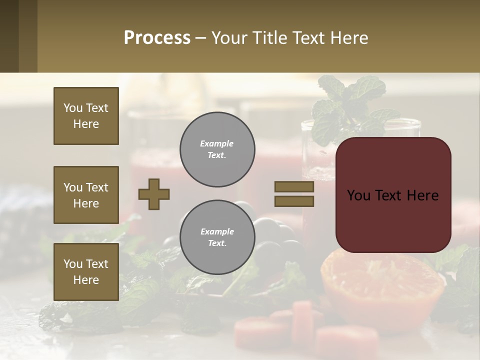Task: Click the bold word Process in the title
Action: click(157, 38)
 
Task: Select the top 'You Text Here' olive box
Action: click(86, 116)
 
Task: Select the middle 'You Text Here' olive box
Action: click(86, 195)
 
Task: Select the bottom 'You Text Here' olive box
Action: click(86, 271)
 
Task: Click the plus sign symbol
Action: click(154, 194)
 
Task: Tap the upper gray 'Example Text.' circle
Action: click(217, 149)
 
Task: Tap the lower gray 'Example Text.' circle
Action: click(217, 237)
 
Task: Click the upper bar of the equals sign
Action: click(294, 186)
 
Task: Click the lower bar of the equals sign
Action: click(294, 201)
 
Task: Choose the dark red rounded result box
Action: click(393, 195)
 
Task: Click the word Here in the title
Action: click(348, 38)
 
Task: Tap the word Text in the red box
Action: click(392, 195)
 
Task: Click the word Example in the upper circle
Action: click(217, 143)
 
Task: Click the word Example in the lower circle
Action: click(217, 231)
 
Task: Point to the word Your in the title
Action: click(229, 38)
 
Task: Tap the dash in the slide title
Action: click(201, 38)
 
